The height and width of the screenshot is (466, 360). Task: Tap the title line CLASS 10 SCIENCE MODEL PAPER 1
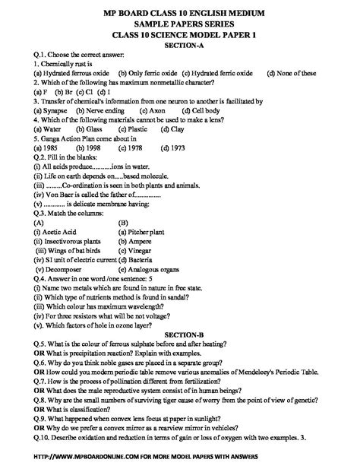click(179, 35)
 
